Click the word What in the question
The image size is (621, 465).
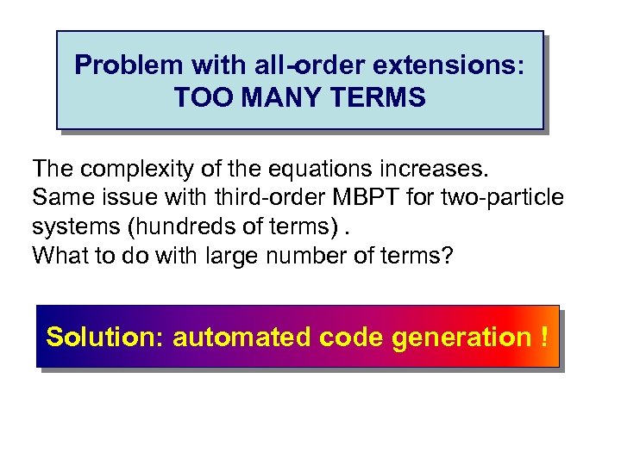(60, 257)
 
